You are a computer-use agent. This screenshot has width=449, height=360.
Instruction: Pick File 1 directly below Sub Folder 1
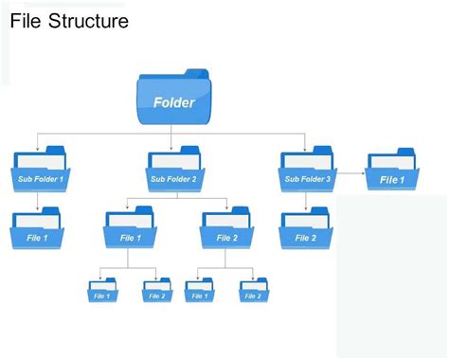coord(38,229)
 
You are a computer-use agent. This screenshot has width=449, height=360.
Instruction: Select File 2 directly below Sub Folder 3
coord(306,229)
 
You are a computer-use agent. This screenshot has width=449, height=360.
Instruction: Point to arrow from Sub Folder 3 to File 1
coord(350,172)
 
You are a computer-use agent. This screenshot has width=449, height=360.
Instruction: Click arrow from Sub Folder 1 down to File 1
coord(38,200)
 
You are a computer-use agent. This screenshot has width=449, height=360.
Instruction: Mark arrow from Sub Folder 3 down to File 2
coord(306,200)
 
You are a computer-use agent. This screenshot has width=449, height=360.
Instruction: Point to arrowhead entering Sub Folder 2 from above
coord(171,144)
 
